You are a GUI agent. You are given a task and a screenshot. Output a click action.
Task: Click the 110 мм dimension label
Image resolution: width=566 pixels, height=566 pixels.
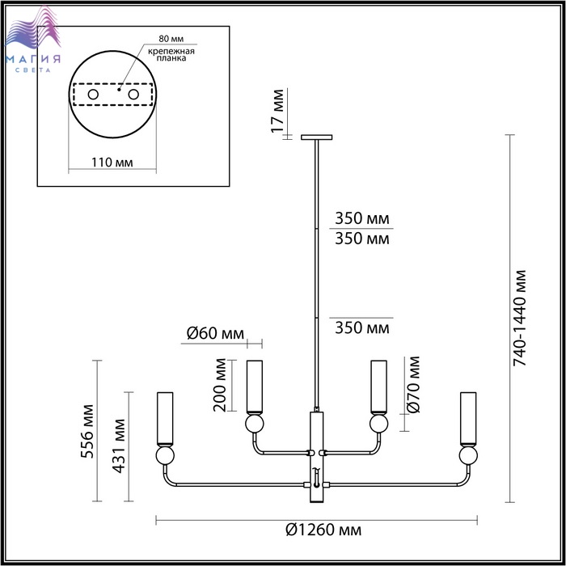112,163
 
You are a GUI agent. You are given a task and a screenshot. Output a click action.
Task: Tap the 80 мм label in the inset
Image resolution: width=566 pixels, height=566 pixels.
171,39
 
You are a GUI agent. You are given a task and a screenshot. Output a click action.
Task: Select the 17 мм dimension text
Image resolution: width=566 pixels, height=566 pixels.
277,111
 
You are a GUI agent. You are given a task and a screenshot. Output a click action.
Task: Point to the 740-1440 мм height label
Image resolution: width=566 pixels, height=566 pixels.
520,318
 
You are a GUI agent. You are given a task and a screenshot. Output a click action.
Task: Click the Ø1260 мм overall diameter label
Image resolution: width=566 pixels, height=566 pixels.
323,530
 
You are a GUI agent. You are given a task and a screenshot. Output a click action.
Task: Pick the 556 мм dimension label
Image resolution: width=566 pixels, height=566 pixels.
87,432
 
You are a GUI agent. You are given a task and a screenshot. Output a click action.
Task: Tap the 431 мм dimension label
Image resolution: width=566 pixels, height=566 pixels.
119,446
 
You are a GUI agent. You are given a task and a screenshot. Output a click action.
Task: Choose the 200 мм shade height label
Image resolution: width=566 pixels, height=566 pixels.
219,385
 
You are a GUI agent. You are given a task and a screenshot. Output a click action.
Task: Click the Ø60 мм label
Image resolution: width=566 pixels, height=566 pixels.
216,333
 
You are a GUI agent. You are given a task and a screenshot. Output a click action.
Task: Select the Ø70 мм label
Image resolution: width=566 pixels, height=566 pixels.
413,384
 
